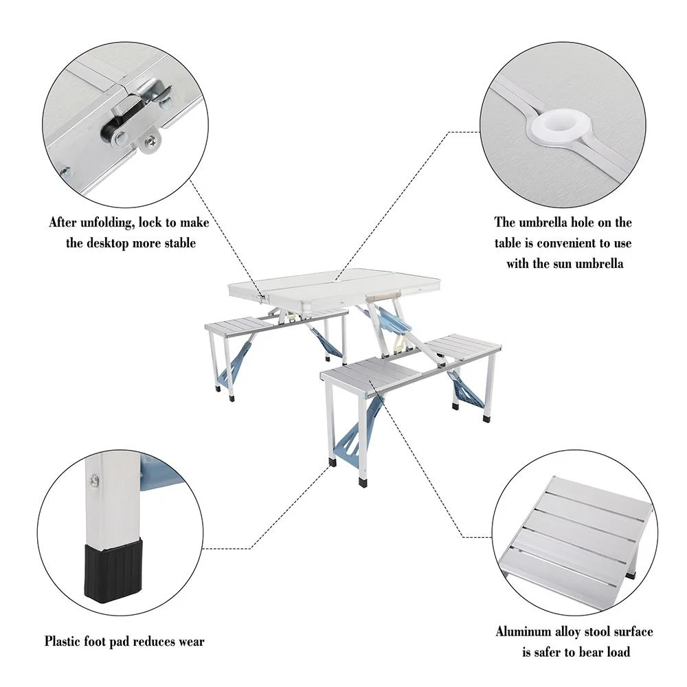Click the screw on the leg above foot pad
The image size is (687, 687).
93,479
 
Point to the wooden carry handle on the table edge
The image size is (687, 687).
383,293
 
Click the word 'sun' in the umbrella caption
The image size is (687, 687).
561,263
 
